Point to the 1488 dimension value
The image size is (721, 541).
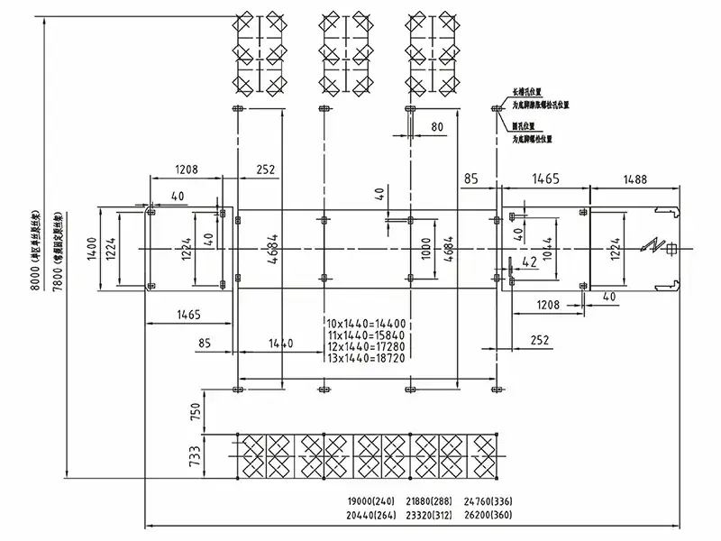click(x=634, y=179)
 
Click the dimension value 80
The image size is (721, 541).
click(x=437, y=127)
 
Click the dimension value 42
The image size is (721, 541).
click(x=530, y=262)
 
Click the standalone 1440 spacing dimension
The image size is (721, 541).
click(x=280, y=344)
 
